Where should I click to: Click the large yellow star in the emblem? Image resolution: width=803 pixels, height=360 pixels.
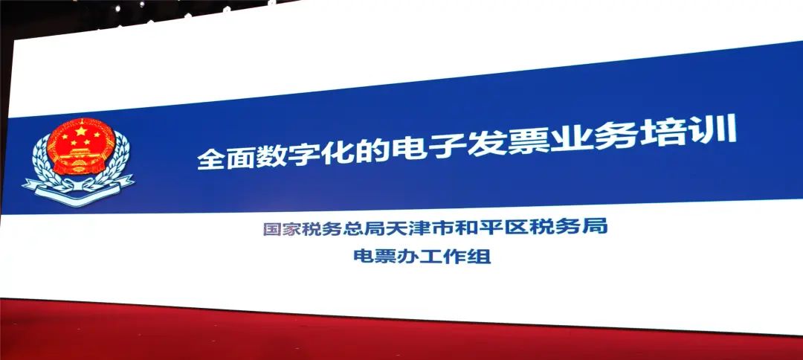pos(81,131)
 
